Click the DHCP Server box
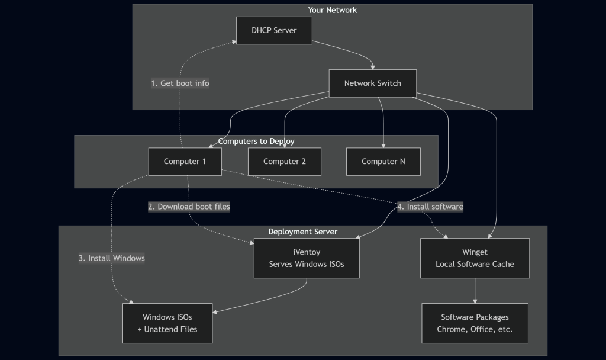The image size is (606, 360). point(274,31)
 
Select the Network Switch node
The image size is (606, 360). point(373,83)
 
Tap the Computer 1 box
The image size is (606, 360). point(185,162)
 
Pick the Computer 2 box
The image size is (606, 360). point(285,162)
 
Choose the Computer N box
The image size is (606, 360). point(383,162)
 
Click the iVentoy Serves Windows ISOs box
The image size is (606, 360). point(307,258)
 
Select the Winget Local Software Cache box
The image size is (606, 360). point(475,258)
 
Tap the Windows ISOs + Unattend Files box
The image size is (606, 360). point(167,323)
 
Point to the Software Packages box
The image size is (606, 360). point(475,323)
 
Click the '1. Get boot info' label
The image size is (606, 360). point(180,83)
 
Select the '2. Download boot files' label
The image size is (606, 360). point(189,207)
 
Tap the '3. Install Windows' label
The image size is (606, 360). point(112,258)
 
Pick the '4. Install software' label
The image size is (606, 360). point(431,207)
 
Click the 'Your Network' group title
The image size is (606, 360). point(333,10)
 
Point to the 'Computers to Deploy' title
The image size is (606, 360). point(256,141)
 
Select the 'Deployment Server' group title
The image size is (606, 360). point(302,232)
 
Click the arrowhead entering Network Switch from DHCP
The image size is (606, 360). point(373,67)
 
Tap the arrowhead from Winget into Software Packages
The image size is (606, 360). point(475,301)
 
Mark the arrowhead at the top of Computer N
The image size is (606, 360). point(383,146)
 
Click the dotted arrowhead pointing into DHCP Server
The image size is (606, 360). point(234,41)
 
